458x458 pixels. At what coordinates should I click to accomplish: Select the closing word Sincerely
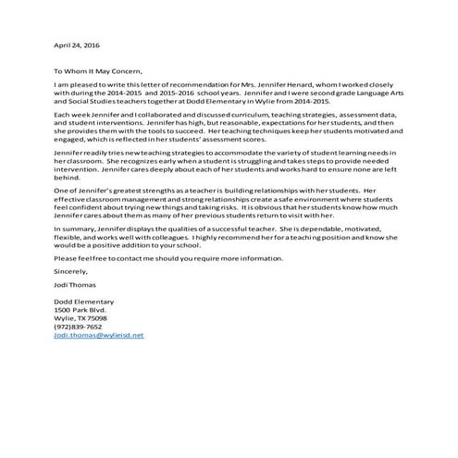tap(70, 274)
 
